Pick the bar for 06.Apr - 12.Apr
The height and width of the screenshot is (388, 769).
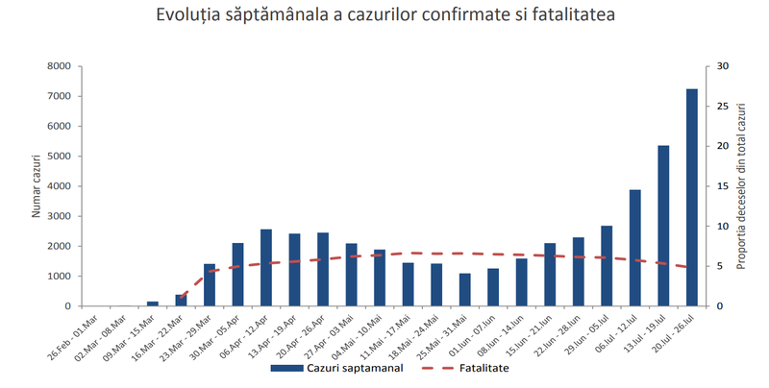click(x=266, y=268)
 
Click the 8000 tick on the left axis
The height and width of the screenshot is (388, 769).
click(x=58, y=66)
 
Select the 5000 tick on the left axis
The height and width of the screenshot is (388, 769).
click(x=58, y=157)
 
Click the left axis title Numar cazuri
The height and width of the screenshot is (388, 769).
click(x=36, y=185)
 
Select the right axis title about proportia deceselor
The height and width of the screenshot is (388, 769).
click(x=742, y=185)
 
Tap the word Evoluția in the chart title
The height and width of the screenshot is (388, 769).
click(x=191, y=16)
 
